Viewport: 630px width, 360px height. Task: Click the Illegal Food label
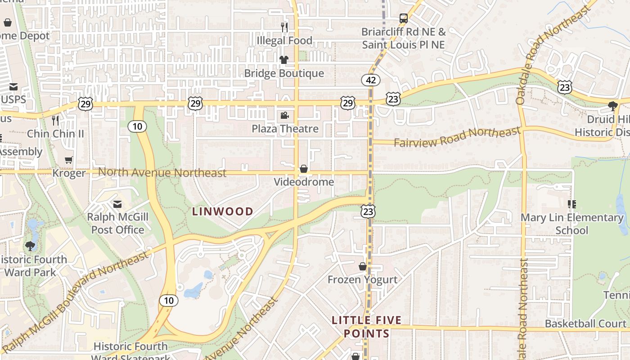click(284, 40)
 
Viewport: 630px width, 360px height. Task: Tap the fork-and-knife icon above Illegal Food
click(284, 27)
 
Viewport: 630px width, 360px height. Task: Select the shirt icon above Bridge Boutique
click(283, 60)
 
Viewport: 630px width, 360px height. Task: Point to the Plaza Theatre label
click(285, 129)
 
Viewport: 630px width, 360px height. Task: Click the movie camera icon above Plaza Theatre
click(284, 116)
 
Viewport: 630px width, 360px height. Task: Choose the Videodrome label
click(304, 182)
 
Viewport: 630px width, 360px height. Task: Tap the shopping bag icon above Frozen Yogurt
click(363, 266)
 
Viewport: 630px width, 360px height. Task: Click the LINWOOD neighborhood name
click(223, 211)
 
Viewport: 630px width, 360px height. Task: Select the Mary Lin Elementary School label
click(572, 224)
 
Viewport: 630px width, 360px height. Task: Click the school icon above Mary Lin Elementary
click(572, 204)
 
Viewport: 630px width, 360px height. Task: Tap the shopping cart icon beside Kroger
click(69, 160)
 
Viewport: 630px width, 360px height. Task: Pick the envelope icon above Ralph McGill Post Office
click(117, 204)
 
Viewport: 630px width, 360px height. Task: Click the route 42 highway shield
click(371, 80)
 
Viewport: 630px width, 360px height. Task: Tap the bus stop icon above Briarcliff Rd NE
click(404, 18)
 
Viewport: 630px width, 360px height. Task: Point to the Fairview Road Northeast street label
click(457, 137)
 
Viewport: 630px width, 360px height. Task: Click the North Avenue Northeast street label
click(162, 172)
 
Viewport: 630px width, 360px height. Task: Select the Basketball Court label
click(585, 324)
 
